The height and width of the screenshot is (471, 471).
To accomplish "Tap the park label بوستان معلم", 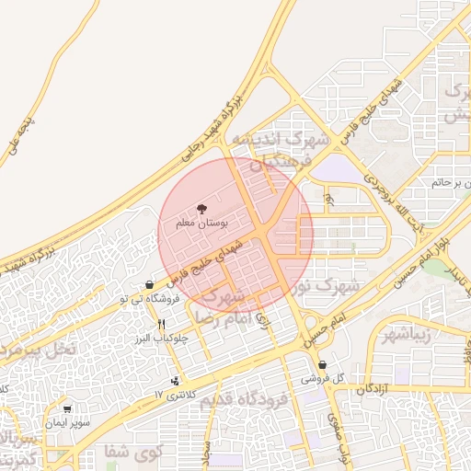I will pyautogui.click(x=201, y=224).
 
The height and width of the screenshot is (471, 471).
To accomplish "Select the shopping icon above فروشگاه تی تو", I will pyautogui.click(x=150, y=285).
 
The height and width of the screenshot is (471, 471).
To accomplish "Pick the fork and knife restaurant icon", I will pyautogui.click(x=162, y=324).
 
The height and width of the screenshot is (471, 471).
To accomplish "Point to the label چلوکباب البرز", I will pyautogui.click(x=162, y=338).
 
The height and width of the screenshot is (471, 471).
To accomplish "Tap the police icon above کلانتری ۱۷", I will pyautogui.click(x=176, y=381).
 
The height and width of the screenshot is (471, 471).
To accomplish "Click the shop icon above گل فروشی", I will pyautogui.click(x=322, y=365).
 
